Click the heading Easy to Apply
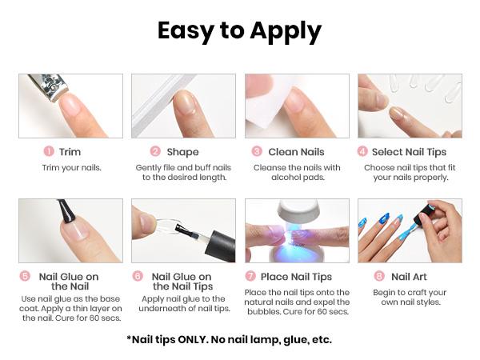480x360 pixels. click(x=239, y=31)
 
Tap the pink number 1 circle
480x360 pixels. click(x=49, y=151)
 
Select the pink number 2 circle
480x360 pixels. click(x=155, y=151)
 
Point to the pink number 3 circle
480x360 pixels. click(x=257, y=151)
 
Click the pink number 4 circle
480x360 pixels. click(x=362, y=151)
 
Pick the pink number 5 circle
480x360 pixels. click(x=26, y=276)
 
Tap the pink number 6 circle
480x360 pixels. click(x=138, y=276)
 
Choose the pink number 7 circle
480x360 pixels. click(x=250, y=276)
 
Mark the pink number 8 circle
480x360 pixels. click(x=379, y=276)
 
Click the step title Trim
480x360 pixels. click(x=70, y=151)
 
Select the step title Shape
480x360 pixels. click(x=182, y=151)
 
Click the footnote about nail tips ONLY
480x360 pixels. click(x=229, y=339)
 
